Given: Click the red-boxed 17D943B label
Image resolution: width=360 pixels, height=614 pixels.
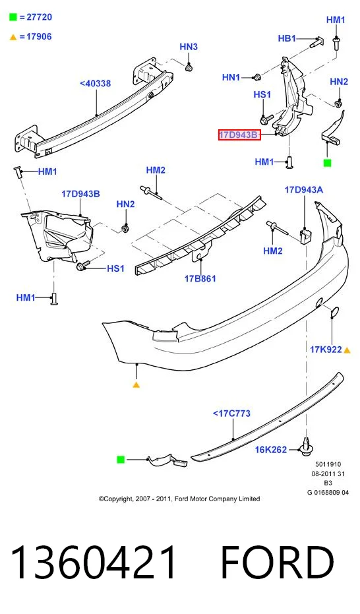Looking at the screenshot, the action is click(x=239, y=135).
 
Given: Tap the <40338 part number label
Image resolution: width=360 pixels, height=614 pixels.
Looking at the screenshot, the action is click(x=95, y=83).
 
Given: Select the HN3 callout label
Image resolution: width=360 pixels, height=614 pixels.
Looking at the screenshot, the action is click(x=189, y=47).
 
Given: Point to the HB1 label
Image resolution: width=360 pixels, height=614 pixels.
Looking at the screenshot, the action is click(x=287, y=38).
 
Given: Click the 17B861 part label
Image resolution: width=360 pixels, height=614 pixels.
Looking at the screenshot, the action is click(x=200, y=279).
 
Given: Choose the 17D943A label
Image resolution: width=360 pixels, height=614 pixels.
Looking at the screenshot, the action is click(x=304, y=190).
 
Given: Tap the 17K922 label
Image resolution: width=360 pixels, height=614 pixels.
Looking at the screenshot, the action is click(x=326, y=350).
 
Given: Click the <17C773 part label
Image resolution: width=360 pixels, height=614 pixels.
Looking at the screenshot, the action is click(x=231, y=413).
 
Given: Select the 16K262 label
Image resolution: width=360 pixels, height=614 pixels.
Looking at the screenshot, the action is click(x=271, y=450).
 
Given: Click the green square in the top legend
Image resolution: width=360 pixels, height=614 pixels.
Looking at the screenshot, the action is click(x=13, y=17).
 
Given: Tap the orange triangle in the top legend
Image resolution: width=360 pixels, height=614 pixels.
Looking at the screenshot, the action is click(x=13, y=37).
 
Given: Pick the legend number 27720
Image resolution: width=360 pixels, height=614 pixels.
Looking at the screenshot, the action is click(x=39, y=17).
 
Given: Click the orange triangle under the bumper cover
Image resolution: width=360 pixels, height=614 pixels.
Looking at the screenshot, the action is click(x=136, y=385).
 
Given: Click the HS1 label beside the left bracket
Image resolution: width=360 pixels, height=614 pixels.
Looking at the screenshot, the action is click(x=115, y=268).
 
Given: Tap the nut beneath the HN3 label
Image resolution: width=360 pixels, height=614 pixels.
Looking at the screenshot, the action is click(x=189, y=68).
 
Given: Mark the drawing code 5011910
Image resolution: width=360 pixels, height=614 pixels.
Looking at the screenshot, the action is click(x=328, y=464).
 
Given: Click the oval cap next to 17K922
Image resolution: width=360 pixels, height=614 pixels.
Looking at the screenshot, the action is click(x=334, y=312).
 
